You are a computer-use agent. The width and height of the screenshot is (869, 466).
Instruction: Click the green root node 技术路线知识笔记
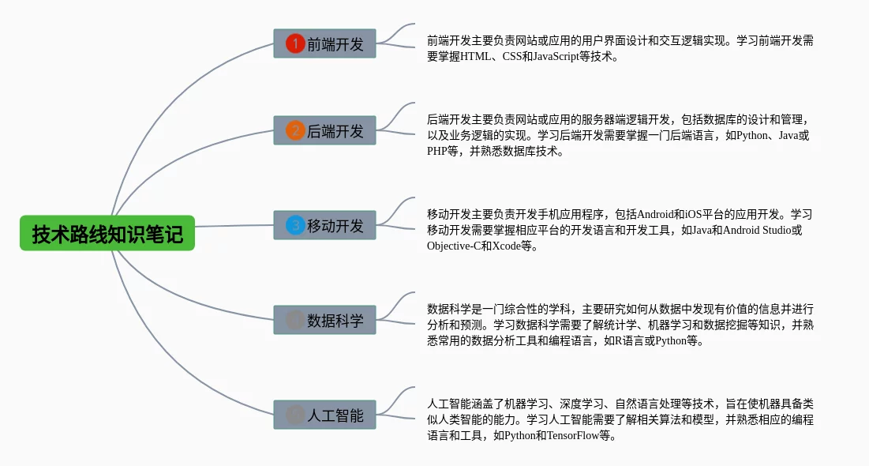point(107,234)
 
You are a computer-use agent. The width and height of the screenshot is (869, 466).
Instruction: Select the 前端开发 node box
point(324,43)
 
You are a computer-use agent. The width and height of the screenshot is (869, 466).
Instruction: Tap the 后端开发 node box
point(324,130)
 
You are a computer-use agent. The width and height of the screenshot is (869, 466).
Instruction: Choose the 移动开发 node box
point(324,225)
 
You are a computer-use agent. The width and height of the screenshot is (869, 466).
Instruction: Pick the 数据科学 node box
point(324,320)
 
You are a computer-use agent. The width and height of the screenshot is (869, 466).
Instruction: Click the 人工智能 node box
point(324,415)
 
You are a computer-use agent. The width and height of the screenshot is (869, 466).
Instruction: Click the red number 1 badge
point(294,43)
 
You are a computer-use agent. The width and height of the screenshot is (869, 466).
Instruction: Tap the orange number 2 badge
point(294,130)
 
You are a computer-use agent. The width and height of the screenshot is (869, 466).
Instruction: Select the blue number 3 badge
point(294,225)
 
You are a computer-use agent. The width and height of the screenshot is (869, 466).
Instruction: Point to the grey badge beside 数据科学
point(294,320)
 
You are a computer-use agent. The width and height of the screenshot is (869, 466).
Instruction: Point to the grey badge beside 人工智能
point(294,415)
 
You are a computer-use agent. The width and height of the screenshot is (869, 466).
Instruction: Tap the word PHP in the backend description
point(437,152)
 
